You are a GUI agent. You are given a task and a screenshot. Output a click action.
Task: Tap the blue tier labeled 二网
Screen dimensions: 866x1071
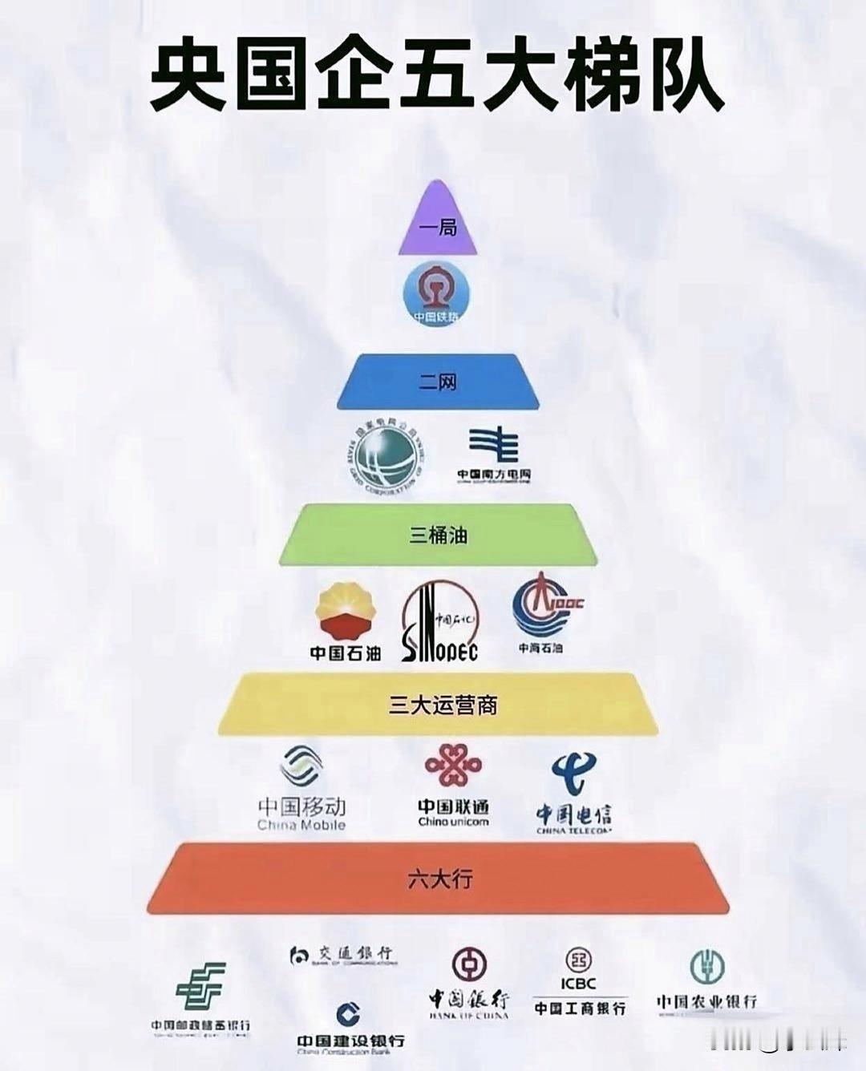438,382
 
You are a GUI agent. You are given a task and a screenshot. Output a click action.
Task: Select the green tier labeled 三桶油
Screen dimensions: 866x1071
438,534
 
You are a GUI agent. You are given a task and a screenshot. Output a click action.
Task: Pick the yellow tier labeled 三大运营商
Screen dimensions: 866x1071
438,705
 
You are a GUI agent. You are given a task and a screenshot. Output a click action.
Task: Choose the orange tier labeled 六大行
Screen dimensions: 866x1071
438,879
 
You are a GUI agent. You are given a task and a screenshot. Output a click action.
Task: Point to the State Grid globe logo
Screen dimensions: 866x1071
386,458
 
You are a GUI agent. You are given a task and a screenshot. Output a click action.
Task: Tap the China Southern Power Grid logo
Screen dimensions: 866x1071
493,447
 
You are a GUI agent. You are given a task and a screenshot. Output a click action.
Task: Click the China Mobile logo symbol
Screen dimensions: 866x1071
301,768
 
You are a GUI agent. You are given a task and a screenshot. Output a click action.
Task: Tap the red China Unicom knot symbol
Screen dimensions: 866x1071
453,767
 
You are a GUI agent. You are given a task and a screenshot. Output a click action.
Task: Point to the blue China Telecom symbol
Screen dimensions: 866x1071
573,774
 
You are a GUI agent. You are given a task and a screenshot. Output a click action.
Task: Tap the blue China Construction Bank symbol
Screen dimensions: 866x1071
348,1015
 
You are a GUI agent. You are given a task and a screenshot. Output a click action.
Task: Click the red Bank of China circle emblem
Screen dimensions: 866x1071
469,965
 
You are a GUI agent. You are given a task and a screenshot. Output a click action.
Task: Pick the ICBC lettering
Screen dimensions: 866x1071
578,984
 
